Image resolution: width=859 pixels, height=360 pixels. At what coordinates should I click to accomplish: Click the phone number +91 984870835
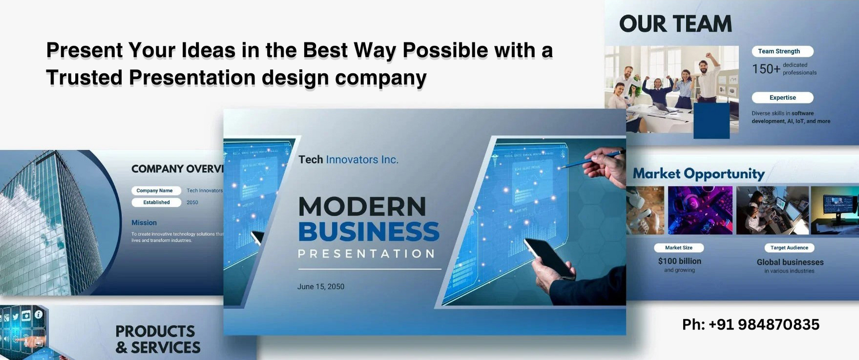pyautogui.click(x=751, y=325)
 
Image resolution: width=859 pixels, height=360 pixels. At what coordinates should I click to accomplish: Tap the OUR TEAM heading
pyautogui.click(x=675, y=24)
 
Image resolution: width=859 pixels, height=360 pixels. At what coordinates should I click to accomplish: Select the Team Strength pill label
pyautogui.click(x=782, y=51)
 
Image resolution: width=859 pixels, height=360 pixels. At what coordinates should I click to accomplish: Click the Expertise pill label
pyautogui.click(x=782, y=98)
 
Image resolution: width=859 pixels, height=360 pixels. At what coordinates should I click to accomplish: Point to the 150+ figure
pyautogui.click(x=766, y=69)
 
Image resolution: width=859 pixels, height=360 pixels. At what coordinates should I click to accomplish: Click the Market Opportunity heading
pyautogui.click(x=699, y=173)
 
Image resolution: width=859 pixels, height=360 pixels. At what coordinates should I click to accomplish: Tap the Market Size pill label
pyautogui.click(x=678, y=248)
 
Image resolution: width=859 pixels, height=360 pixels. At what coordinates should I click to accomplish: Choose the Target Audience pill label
pyautogui.click(x=789, y=248)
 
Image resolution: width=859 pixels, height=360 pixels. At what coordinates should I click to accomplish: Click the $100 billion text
pyautogui.click(x=679, y=261)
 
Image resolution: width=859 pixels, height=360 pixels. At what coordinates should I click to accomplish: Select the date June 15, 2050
pyautogui.click(x=320, y=287)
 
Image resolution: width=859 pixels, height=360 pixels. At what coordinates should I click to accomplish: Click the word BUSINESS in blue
pyautogui.click(x=369, y=231)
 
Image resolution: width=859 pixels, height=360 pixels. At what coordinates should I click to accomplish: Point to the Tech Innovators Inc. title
pyautogui.click(x=348, y=160)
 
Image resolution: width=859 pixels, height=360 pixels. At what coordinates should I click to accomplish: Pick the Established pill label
pyautogui.click(x=156, y=202)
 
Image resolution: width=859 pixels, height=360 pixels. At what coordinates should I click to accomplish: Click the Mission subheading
pyautogui.click(x=144, y=223)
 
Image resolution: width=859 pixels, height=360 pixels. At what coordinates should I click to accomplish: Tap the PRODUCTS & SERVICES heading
pyautogui.click(x=158, y=339)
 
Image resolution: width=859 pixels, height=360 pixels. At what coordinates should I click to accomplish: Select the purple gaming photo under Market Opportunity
pyautogui.click(x=700, y=210)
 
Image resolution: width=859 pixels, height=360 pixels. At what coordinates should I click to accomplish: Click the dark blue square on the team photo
pyautogui.click(x=711, y=121)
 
